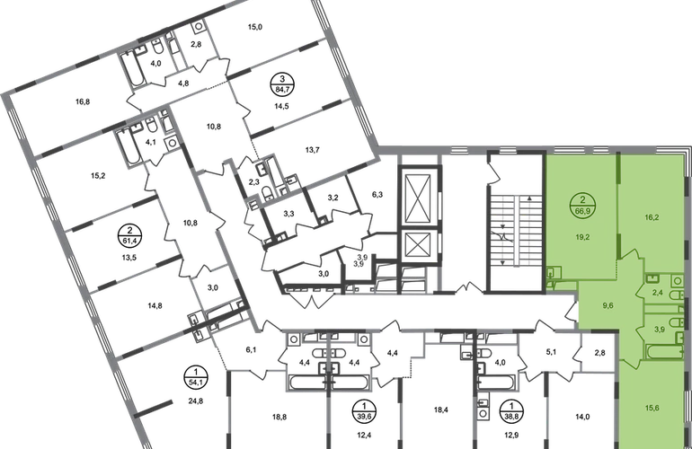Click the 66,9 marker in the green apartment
coord(582,205)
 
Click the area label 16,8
coord(83,101)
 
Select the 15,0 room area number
coord(255,27)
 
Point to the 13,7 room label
coord(312,150)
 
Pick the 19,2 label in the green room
coord(582,237)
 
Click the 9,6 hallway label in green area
coord(608,305)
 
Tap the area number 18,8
coord(279,417)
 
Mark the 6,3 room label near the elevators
coord(377,194)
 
